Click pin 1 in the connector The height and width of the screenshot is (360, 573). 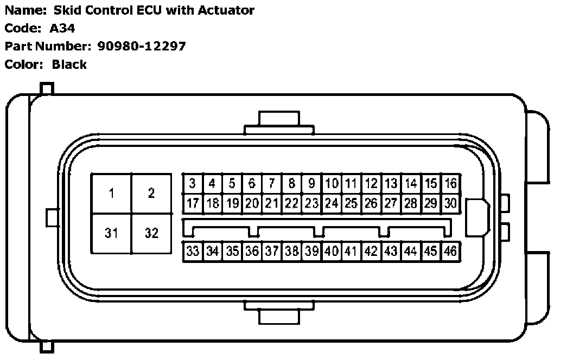[x=111, y=194]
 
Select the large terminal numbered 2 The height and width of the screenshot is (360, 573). [x=151, y=194]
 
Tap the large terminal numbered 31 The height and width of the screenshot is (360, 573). [x=111, y=233]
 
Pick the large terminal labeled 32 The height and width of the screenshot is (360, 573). [x=151, y=233]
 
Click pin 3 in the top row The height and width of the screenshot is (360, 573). [x=192, y=184]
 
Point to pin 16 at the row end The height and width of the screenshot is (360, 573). [x=450, y=184]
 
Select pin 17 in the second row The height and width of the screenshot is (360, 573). [x=192, y=204]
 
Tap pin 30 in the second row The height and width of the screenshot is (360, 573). [x=450, y=204]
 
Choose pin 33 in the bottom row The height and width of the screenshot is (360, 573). [x=192, y=251]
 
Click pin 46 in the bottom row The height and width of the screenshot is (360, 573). [x=450, y=251]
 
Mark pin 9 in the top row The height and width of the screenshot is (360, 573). [x=311, y=184]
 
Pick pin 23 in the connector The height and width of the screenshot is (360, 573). [x=311, y=204]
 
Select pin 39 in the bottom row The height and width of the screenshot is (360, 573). [x=311, y=251]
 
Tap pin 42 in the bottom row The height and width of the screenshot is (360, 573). [x=371, y=251]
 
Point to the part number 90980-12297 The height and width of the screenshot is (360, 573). [x=142, y=46]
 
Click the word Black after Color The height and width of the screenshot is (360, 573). [x=69, y=65]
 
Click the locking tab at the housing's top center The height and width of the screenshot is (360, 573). [x=279, y=122]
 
